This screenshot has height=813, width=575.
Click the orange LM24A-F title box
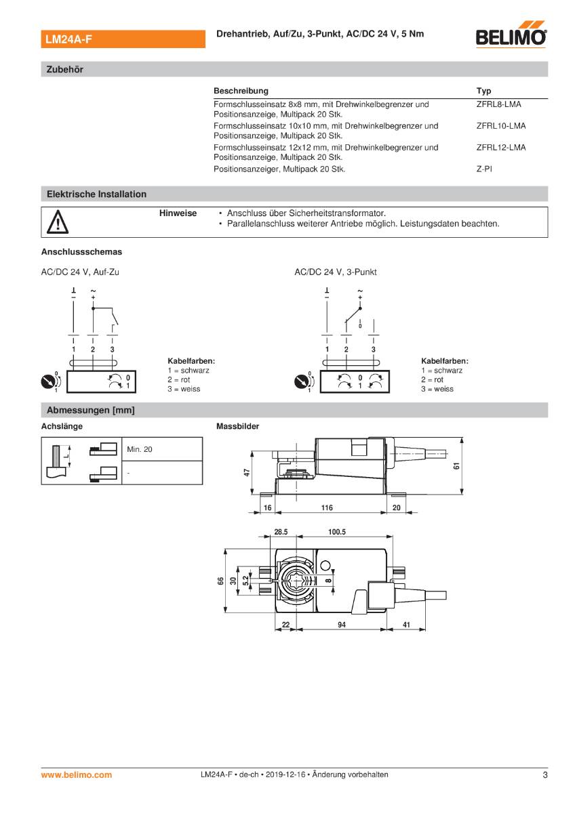coord(123,39)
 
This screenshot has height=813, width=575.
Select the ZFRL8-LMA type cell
coord(498,104)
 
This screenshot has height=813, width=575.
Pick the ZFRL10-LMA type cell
coord(500,125)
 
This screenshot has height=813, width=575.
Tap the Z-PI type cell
coord(484,169)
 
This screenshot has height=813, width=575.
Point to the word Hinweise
coord(178,213)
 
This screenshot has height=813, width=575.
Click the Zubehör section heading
coord(64,69)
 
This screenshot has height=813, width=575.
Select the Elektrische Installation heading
coord(96,194)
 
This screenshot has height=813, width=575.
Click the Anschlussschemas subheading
coord(81,252)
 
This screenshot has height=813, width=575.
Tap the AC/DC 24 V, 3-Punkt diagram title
coord(335,272)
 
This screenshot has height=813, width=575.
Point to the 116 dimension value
coord(327,507)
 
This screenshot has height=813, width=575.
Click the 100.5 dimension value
coord(337,532)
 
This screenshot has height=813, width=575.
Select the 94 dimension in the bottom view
coord(342,625)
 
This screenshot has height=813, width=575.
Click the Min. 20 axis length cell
coord(140,449)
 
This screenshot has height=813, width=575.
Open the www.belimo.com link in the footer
coord(77,774)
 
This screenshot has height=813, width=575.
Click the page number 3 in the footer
coord(544,774)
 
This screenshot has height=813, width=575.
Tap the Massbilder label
coord(237,427)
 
